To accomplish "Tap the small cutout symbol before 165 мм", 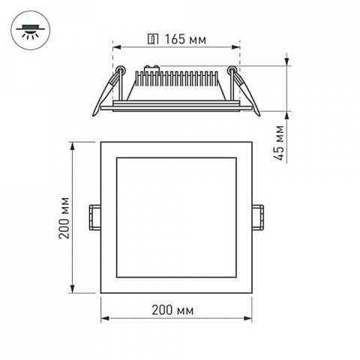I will click(153, 37).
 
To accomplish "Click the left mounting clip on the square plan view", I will click(95, 217).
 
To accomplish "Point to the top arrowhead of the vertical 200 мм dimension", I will click(73, 145).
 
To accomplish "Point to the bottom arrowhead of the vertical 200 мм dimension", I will click(73, 292).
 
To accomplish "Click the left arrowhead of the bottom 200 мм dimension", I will click(104, 319).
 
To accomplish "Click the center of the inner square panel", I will click(176, 217).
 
